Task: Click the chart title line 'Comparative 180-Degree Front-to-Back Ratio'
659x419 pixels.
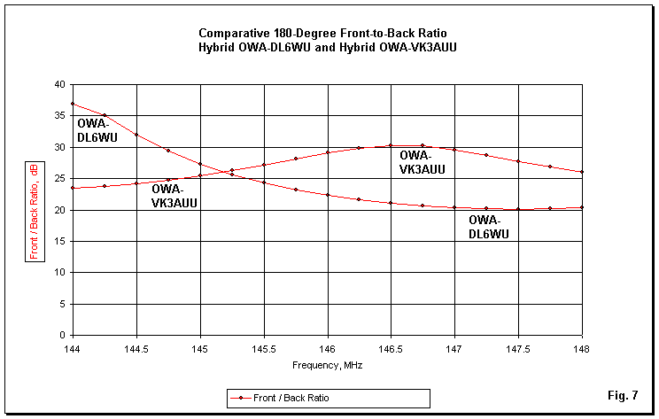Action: coord(329,34)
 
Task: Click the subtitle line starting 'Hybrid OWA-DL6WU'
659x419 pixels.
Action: coord(329,48)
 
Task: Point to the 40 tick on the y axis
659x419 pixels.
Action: coord(61,84)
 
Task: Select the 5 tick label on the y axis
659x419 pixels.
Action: coord(64,304)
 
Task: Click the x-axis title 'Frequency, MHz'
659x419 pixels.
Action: coord(328,365)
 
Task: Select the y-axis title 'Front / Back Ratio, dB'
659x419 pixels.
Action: coord(34,210)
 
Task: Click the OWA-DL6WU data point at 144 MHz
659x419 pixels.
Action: coord(73,104)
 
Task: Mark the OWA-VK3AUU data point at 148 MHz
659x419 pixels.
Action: coord(582,172)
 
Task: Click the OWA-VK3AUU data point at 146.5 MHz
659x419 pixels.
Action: coord(391,145)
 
